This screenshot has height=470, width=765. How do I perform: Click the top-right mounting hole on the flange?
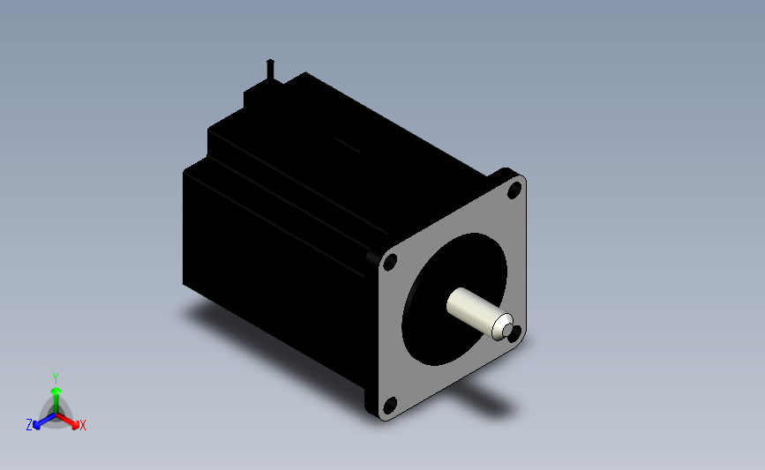[514, 190]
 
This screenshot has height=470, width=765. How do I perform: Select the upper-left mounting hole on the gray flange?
[390, 262]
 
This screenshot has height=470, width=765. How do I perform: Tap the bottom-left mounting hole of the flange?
[390, 405]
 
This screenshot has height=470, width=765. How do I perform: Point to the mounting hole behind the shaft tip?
[515, 333]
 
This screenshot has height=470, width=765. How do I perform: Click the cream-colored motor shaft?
[478, 313]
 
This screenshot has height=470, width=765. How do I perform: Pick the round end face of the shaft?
[503, 328]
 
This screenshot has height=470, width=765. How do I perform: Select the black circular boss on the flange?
[454, 299]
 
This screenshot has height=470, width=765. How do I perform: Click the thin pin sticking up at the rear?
[270, 70]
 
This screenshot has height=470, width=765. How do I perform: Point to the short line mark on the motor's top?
[348, 145]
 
